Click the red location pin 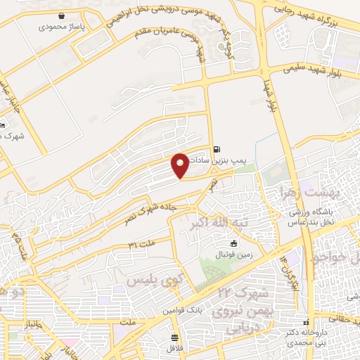point(181,165)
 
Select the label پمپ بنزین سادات point(236,162)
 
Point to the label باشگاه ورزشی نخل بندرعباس point(310,217)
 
